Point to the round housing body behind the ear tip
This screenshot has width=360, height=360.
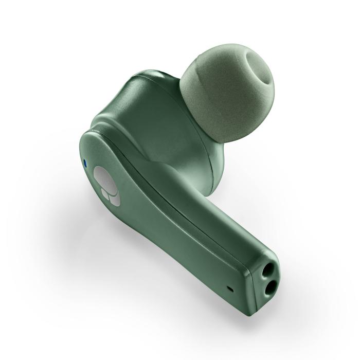[154, 118]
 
